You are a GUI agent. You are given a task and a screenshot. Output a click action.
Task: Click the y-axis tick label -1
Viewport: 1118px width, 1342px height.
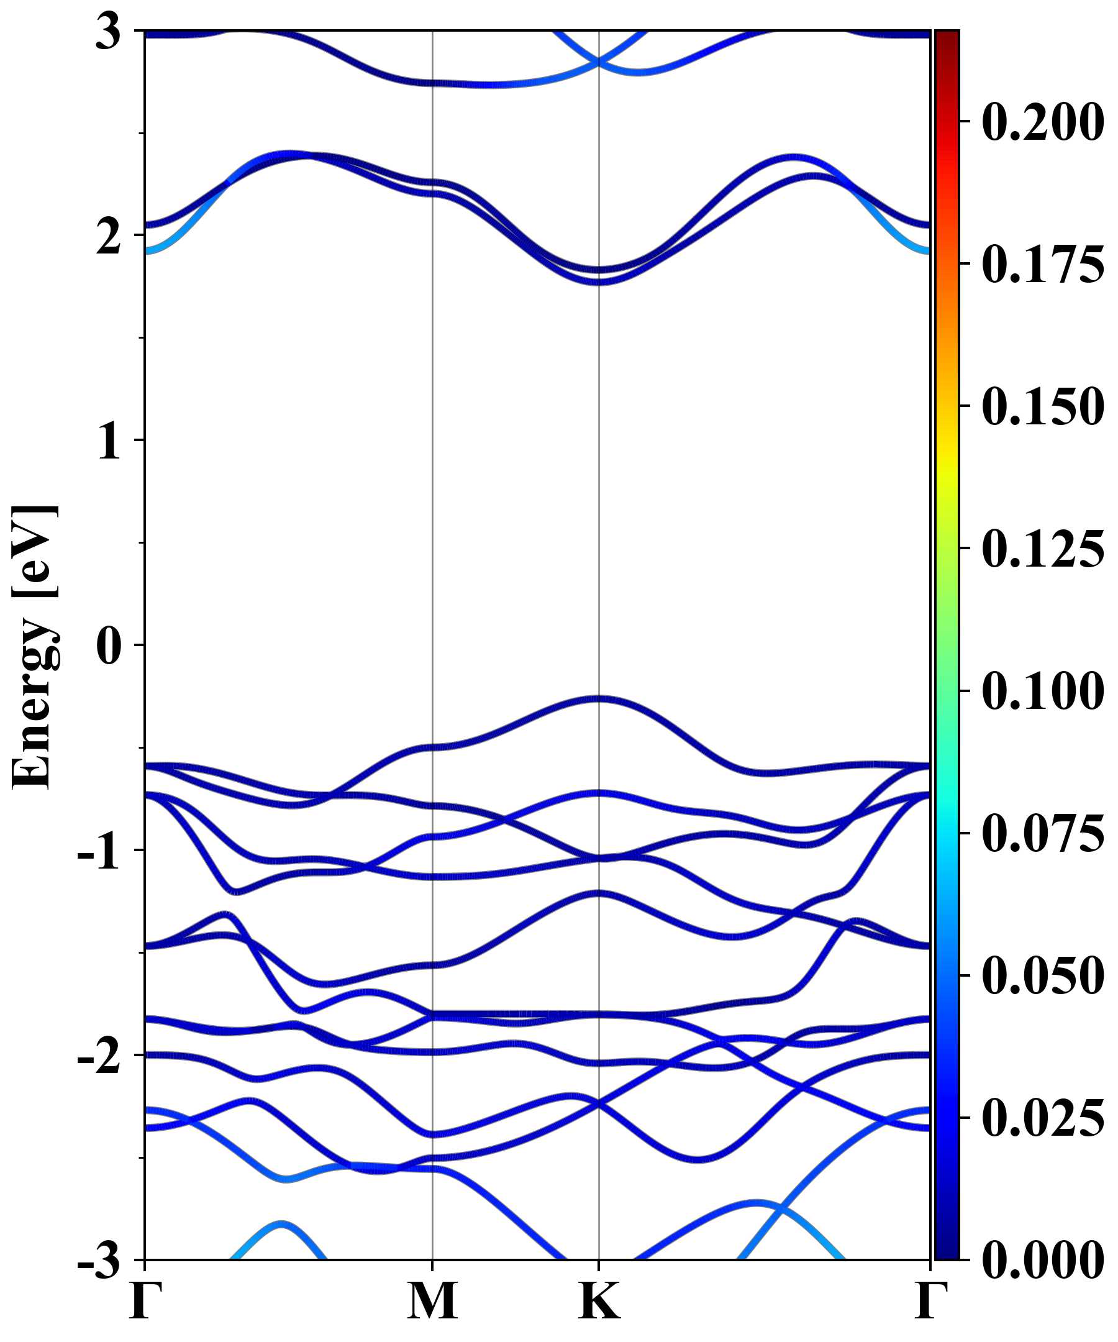click(x=99, y=852)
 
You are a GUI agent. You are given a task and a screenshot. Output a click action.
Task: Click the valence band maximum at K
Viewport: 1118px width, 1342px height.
click(x=599, y=698)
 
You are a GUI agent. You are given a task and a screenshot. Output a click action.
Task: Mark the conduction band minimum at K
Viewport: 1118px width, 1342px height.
click(x=599, y=281)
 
